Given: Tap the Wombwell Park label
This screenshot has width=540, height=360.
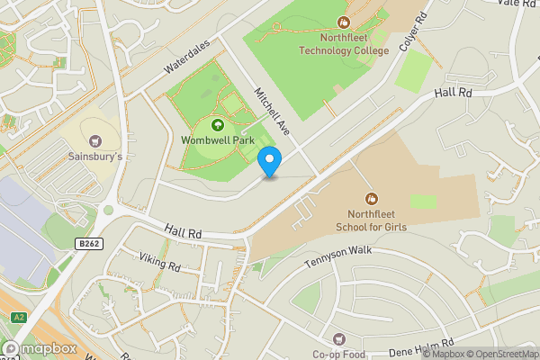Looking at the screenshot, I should click(x=216, y=140).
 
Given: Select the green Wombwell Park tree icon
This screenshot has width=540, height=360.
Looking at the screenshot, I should click(x=216, y=124).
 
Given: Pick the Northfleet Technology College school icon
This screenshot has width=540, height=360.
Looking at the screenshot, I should click(x=343, y=22).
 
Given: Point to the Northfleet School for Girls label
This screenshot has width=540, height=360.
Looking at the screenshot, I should click(x=371, y=220).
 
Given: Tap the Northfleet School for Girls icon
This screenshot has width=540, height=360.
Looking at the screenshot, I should click(x=371, y=198).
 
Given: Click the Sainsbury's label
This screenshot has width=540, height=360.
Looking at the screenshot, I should click(x=95, y=157).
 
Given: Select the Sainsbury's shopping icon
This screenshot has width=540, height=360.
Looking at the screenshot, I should click(x=95, y=140).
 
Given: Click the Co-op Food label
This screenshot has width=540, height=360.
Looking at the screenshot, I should click(x=338, y=355).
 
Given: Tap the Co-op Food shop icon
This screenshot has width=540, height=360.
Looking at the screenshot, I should click(x=338, y=339).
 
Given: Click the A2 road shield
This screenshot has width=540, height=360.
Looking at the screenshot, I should click(x=19, y=317).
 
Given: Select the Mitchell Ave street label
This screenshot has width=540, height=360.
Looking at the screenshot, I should click(x=273, y=111).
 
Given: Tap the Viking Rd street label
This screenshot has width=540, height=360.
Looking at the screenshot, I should click(x=159, y=262).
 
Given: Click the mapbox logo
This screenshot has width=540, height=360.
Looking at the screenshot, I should click(x=39, y=348).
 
